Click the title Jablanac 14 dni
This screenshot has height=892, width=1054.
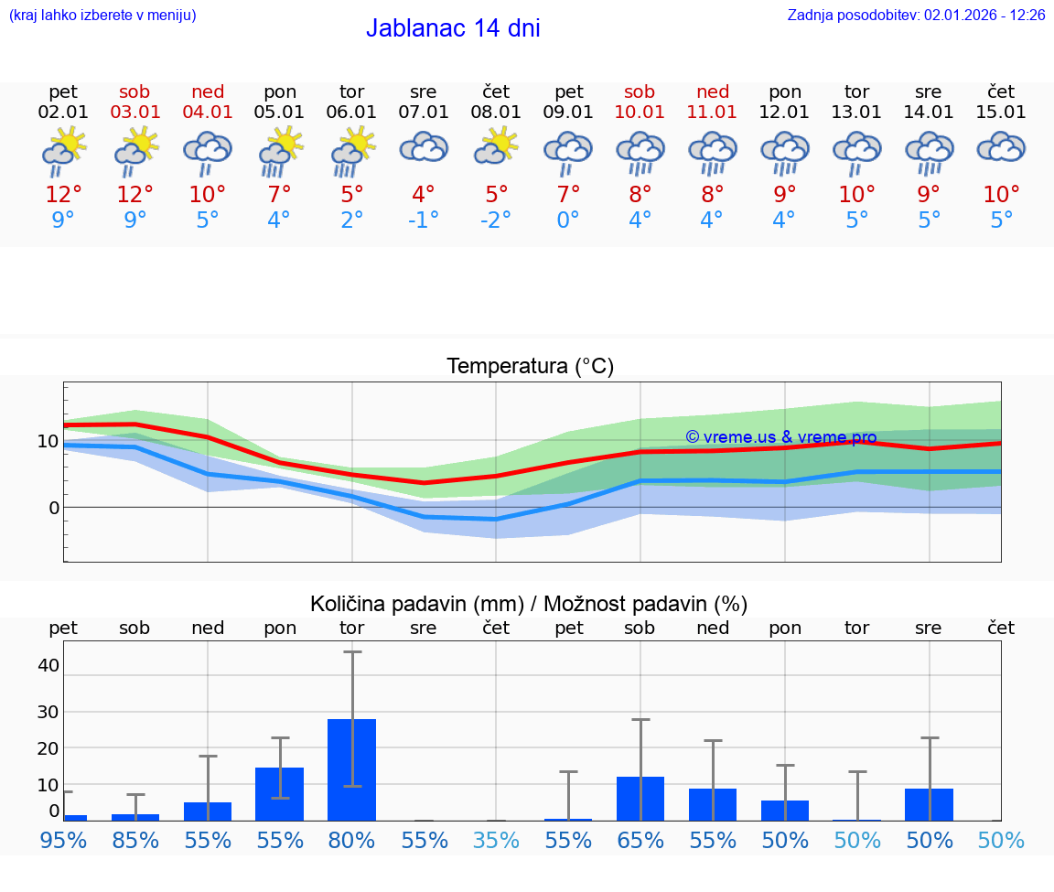click(453, 28)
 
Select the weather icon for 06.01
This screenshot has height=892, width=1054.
click(352, 152)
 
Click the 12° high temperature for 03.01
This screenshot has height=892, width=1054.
click(135, 194)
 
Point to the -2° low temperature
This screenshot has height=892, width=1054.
click(495, 220)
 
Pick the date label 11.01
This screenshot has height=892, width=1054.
click(713, 112)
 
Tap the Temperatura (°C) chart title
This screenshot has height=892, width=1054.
click(530, 367)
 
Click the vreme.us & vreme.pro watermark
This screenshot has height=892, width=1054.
click(780, 437)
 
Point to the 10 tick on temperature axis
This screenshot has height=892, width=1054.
click(48, 441)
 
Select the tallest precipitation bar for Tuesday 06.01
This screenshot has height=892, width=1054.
click(352, 769)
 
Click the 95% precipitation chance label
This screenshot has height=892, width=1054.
click(63, 840)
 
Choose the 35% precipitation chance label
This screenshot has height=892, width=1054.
click(496, 840)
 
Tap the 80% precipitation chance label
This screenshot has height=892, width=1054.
click(352, 840)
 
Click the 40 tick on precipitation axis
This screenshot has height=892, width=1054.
click(48, 665)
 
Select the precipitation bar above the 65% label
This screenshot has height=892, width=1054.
click(640, 798)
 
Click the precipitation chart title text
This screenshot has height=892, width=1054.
click(529, 604)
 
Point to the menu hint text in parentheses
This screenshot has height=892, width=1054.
click(102, 15)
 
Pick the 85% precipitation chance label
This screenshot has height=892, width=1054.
click(135, 840)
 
